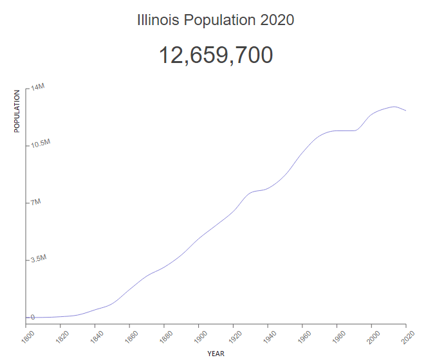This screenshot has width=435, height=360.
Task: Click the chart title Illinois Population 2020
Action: (x=216, y=20)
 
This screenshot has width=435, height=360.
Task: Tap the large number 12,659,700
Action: (x=216, y=55)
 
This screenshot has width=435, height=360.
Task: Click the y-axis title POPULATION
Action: (x=17, y=111)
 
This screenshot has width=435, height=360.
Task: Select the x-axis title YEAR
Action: (x=216, y=353)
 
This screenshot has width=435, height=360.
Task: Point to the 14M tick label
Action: (x=37, y=86)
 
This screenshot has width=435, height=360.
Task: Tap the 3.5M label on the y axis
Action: (x=39, y=258)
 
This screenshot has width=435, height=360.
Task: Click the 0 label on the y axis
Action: (x=32, y=316)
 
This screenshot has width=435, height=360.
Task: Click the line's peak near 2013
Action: (x=394, y=107)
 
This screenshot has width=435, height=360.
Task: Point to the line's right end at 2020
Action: (x=406, y=111)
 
